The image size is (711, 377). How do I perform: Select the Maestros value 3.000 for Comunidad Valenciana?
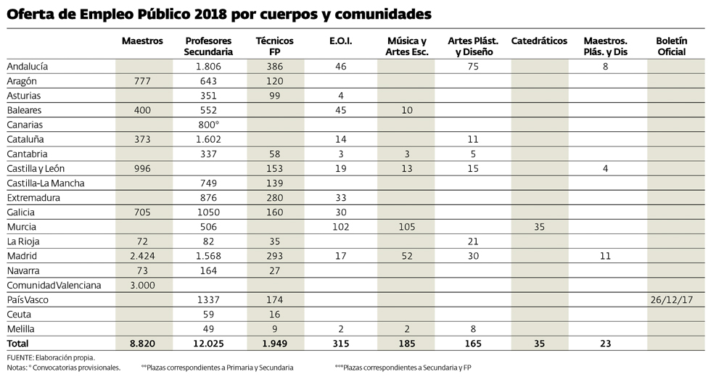[142, 286]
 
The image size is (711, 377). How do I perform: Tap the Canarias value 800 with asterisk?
[209, 125]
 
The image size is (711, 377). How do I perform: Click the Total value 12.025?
[209, 344]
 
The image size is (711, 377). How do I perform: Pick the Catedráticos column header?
[539, 41]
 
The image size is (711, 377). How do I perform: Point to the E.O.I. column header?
[340, 41]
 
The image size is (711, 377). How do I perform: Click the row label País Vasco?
[25, 300]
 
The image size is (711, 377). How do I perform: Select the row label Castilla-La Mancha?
[45, 183]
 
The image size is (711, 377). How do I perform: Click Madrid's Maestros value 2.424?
[142, 256]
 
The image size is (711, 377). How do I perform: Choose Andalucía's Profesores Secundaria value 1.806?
[209, 66]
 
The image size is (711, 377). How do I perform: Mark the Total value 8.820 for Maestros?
[142, 344]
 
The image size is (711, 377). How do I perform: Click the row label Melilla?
[21, 329]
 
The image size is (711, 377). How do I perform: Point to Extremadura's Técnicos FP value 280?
[274, 198]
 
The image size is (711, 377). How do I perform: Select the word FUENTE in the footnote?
[22, 357]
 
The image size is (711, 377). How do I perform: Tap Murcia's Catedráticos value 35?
[539, 227]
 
